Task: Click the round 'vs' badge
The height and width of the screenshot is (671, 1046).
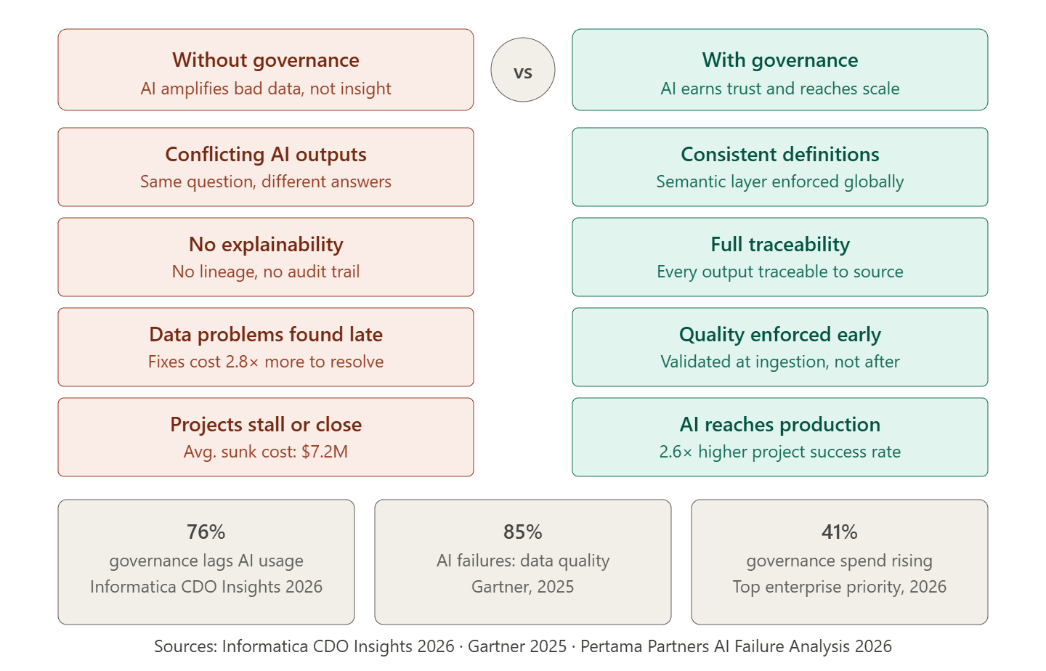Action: point(523,70)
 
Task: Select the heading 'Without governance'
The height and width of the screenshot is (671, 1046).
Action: point(266,60)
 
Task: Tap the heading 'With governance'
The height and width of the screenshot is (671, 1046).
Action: point(780,60)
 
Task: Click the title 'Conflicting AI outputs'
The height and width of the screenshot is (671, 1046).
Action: point(266,155)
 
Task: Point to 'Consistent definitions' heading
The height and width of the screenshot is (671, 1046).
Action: point(780,155)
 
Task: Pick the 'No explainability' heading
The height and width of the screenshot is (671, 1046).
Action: point(266,245)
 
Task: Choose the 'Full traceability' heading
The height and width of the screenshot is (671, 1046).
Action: point(780,245)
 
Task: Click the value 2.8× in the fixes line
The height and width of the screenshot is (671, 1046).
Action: point(242,362)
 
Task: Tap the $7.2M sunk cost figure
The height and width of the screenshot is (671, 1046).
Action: point(325,452)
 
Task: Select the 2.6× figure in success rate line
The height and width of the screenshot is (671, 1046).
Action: point(676,452)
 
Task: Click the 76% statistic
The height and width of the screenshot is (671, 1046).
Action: point(206,532)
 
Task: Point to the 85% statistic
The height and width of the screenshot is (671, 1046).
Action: point(523,532)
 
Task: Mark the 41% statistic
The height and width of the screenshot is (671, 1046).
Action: point(840,532)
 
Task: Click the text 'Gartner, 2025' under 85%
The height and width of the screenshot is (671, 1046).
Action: point(523,587)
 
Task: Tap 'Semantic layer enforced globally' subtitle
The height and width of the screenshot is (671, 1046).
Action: point(780,182)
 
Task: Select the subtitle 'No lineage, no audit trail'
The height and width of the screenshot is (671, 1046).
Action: point(266,272)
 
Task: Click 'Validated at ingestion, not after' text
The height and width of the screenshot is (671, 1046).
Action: point(780,362)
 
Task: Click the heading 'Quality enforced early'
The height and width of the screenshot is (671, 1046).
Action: point(780,335)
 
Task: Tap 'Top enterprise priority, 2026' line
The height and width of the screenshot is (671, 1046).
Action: point(840,587)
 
